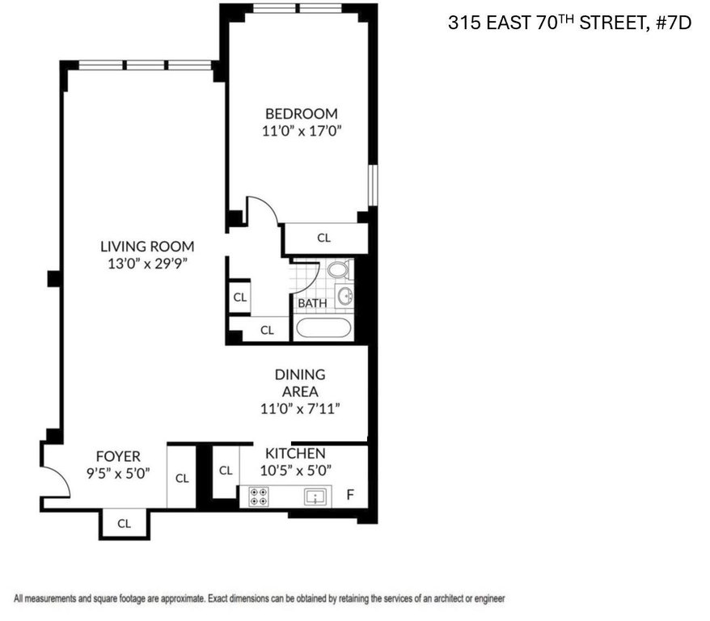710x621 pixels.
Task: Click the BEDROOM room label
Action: coord(301,113)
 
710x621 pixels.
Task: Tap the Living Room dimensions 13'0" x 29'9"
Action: coord(147,264)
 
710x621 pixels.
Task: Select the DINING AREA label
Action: coord(300,383)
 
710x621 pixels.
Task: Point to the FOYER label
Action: coord(118,456)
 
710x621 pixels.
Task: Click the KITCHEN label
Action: coord(295,453)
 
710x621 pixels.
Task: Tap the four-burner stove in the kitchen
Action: coord(259,496)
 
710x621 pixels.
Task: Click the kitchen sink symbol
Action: coord(315,497)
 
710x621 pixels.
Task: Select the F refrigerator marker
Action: coord(350,495)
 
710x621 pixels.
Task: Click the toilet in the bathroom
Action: coord(339,270)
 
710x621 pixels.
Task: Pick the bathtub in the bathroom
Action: coord(323,327)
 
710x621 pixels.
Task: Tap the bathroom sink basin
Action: coord(345,297)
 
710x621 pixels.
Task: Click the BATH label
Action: coord(312,302)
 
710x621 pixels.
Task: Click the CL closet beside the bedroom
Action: coord(324,238)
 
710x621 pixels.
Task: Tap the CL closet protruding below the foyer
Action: coord(124,524)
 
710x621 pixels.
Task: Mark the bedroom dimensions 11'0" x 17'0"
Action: coord(302,131)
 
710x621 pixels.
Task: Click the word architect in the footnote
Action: coord(451,599)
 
